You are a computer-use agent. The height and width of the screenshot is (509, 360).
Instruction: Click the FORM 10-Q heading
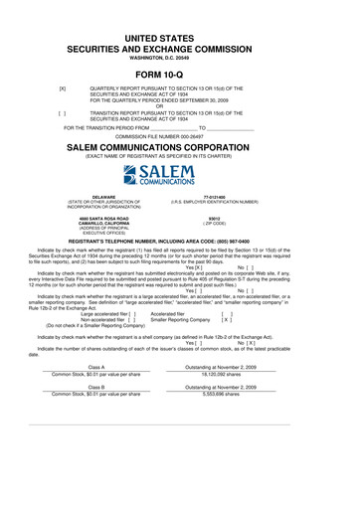click(x=180, y=74)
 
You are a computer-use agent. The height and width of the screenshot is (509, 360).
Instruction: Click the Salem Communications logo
click(x=180, y=177)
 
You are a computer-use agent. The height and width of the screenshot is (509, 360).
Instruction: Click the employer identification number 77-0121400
click(x=242, y=197)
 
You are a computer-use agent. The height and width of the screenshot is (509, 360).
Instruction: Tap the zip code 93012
click(x=242, y=217)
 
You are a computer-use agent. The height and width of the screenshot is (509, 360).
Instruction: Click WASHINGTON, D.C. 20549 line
click(x=180, y=57)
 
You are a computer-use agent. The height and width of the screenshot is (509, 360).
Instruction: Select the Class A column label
click(x=96, y=368)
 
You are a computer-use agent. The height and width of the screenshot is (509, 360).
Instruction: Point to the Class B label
click(x=96, y=386)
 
